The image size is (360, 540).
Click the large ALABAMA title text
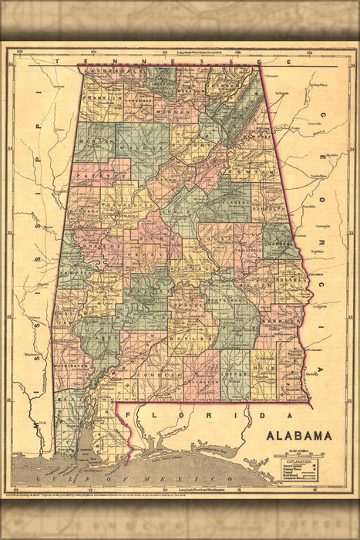(299, 435)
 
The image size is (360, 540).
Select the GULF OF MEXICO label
(93, 473)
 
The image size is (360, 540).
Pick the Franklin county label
(104, 98)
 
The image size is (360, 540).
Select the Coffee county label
(234, 375)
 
